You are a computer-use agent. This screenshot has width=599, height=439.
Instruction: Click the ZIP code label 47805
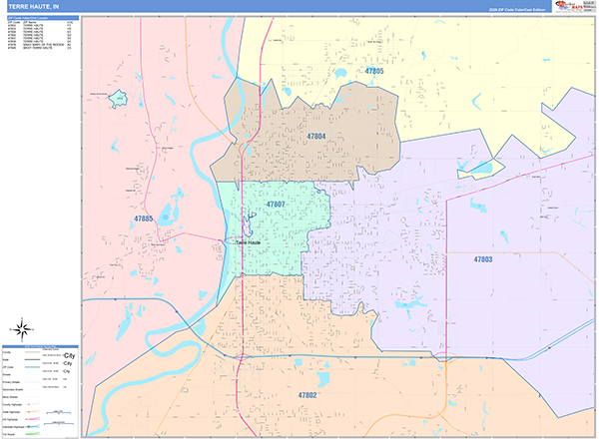374,71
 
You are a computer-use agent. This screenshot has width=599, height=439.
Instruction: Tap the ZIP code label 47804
316,136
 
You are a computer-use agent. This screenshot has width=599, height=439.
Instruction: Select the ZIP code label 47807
276,204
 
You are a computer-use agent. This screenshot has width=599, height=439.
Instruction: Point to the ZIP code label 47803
483,259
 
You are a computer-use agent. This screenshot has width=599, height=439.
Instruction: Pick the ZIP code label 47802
307,395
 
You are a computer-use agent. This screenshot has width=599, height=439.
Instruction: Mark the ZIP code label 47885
143,218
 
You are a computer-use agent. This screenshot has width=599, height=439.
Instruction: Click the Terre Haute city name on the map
248,241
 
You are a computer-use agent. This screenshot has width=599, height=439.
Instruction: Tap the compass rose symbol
21,329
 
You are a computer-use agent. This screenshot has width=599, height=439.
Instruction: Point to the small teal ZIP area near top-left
119,98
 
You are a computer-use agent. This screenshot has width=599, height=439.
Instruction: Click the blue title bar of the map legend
40,345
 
